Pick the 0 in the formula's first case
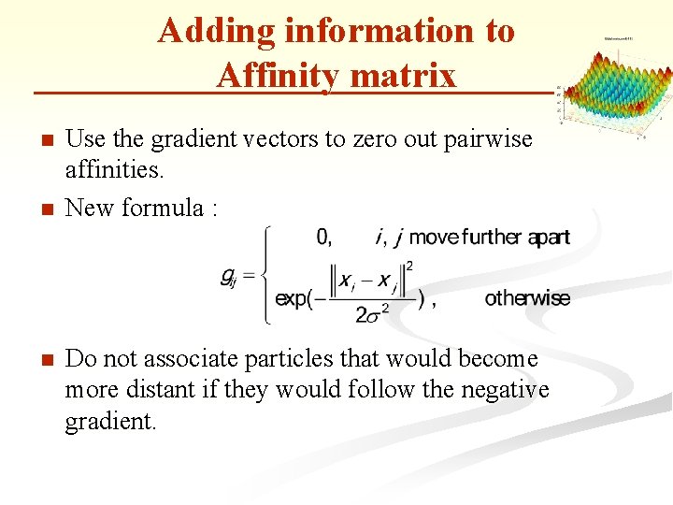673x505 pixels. [x=323, y=238]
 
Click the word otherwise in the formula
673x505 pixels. [x=527, y=298]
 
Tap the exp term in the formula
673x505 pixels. [x=294, y=298]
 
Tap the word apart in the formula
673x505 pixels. [x=549, y=238]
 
